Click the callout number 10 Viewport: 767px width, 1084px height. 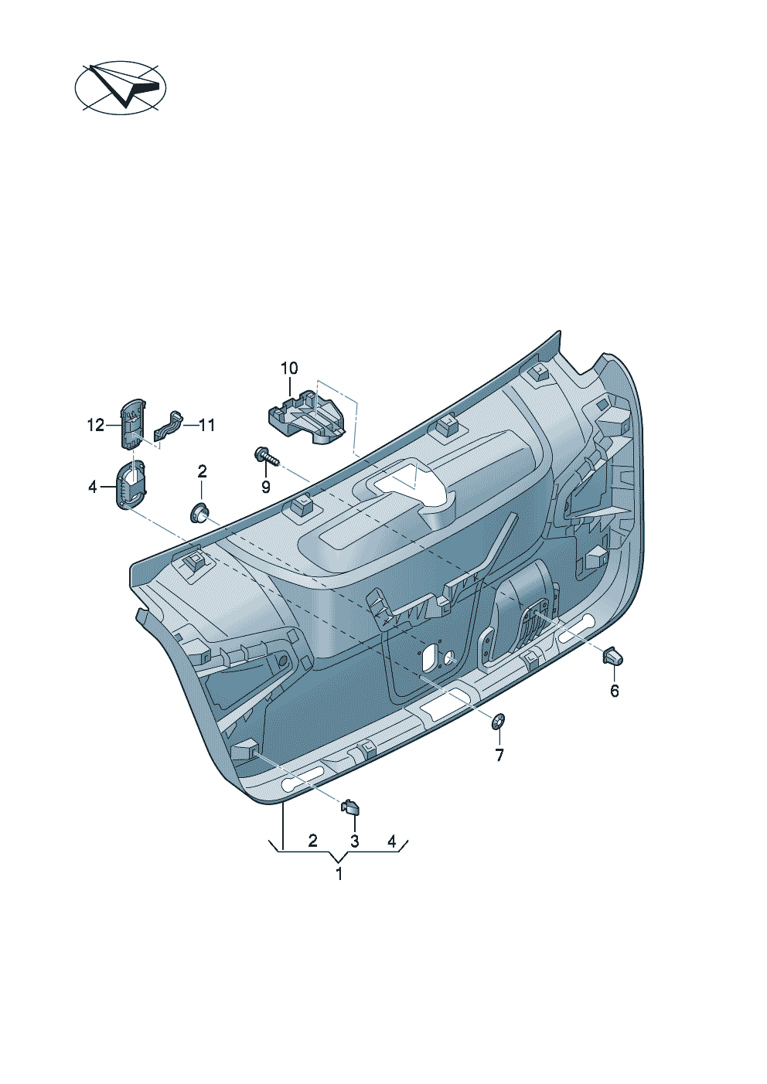click(289, 369)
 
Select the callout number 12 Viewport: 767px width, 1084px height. click(95, 426)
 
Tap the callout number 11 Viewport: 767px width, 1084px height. click(206, 426)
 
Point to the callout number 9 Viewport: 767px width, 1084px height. click(265, 487)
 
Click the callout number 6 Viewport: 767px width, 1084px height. click(615, 691)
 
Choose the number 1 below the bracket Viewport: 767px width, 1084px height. click(339, 875)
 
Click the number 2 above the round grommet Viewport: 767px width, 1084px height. click(202, 471)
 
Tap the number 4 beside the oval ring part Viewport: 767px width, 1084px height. click(93, 487)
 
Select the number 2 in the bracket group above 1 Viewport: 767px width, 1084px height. click(313, 841)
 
